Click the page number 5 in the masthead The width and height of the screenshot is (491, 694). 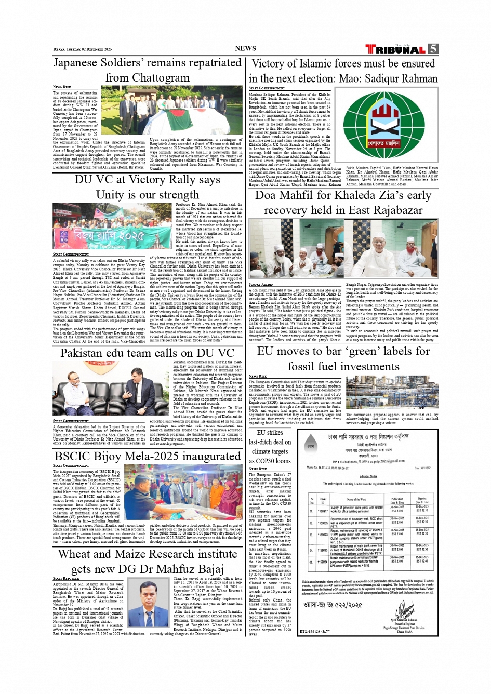point(433,49)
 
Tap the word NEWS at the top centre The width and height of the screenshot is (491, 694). point(245,48)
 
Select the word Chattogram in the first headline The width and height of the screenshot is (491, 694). point(161,78)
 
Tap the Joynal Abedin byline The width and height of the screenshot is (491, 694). point(261,285)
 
